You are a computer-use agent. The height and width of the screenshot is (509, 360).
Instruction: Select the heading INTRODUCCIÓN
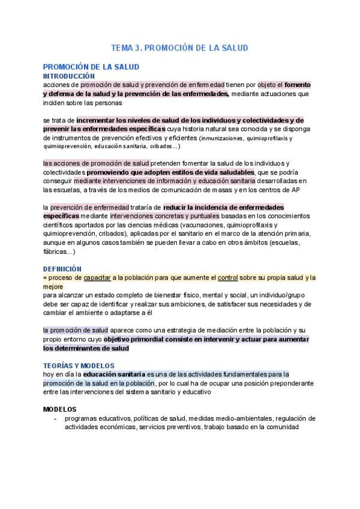[x=69, y=76]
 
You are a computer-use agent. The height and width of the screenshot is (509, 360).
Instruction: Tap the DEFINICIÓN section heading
[x=62, y=269]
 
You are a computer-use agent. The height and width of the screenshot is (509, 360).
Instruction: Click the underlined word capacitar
[x=97, y=278]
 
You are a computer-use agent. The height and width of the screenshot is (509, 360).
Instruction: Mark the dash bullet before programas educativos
[x=55, y=419]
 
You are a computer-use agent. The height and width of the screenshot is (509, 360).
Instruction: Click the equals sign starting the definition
[x=45, y=278]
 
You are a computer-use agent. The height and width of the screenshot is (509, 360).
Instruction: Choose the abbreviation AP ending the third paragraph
[x=295, y=190]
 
